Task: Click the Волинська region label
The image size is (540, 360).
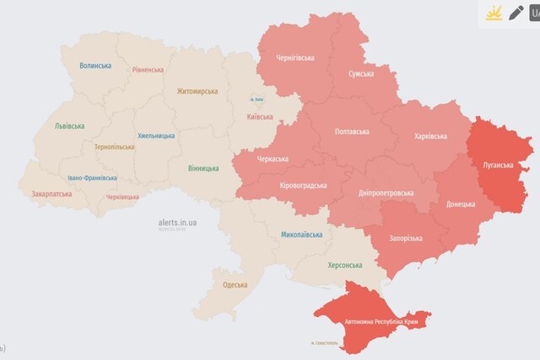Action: click(x=95, y=66)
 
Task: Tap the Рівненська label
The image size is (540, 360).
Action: click(x=148, y=70)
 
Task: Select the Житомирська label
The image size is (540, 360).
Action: click(x=197, y=91)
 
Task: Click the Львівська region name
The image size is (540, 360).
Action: click(x=69, y=126)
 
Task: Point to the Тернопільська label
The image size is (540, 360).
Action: click(x=114, y=147)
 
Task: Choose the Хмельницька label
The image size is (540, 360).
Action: click(x=156, y=136)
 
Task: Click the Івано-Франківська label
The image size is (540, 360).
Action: click(x=93, y=178)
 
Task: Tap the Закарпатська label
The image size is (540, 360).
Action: click(x=52, y=194)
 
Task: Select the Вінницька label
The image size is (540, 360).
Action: click(x=207, y=168)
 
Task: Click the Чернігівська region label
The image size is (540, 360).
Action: click(x=296, y=58)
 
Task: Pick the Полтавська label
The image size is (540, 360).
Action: click(x=351, y=132)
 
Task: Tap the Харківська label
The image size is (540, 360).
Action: click(x=431, y=136)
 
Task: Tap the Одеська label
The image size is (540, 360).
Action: click(x=235, y=285)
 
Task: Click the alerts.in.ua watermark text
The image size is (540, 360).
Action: click(x=177, y=223)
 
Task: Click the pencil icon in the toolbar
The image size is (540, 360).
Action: click(x=516, y=13)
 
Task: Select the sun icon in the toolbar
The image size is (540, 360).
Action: click(x=492, y=13)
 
